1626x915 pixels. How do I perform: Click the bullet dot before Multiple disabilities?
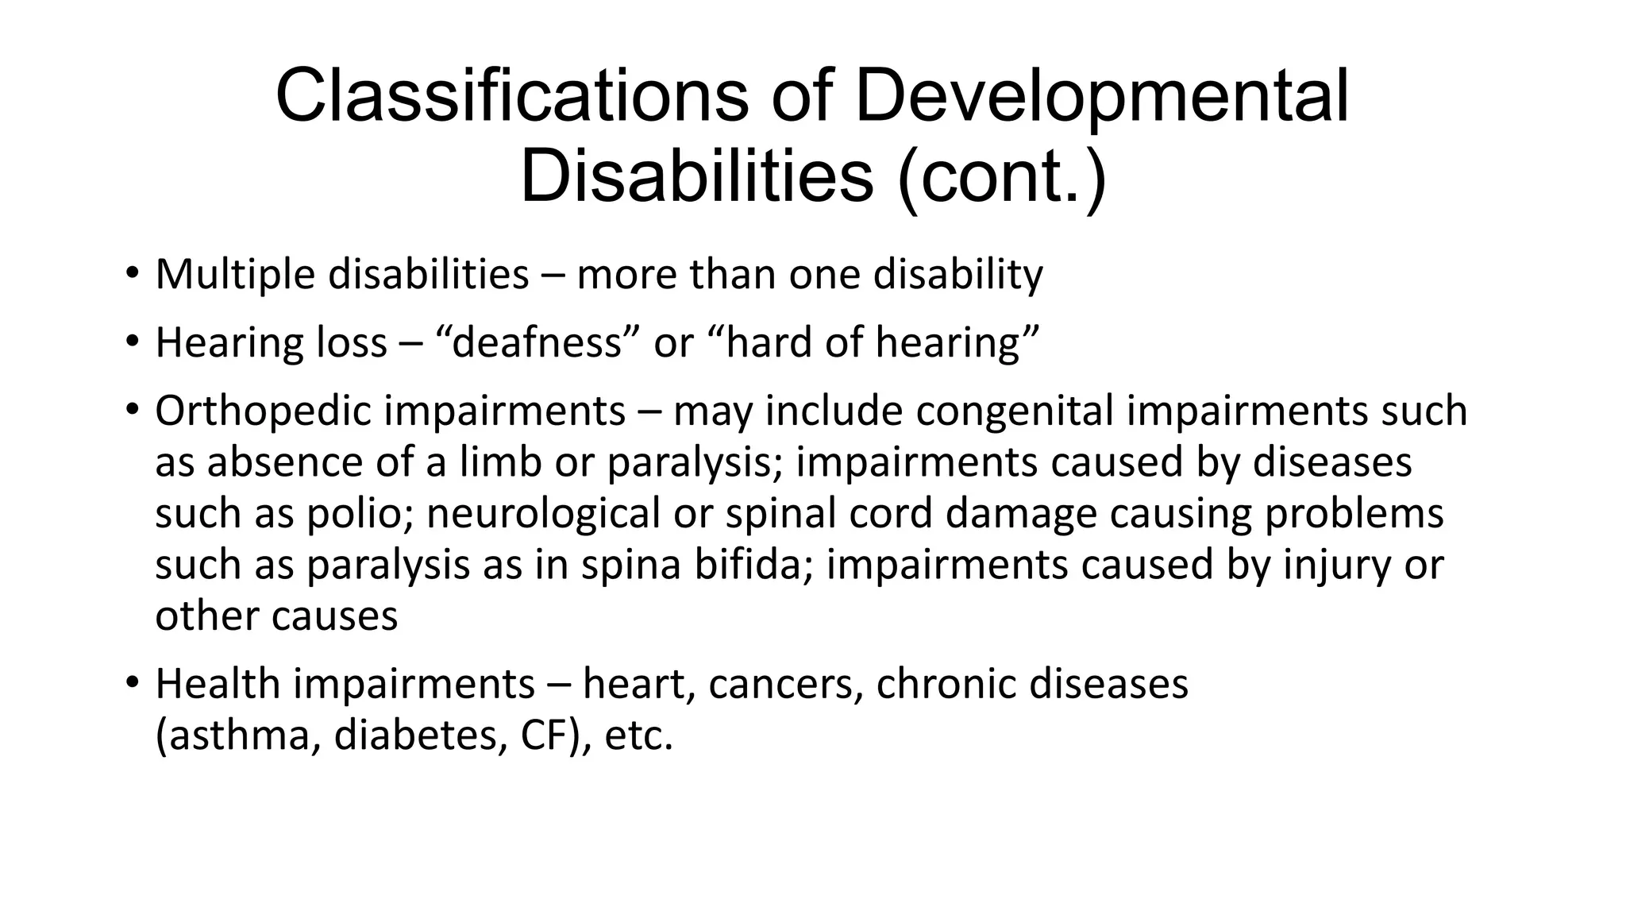[x=132, y=274]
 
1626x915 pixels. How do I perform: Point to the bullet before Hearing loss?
[x=132, y=342]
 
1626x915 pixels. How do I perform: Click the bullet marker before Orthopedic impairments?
[x=132, y=411]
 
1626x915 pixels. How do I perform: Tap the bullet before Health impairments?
[x=132, y=683]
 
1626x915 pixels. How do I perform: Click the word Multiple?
[x=234, y=275]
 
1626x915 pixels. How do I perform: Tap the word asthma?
[x=237, y=735]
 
